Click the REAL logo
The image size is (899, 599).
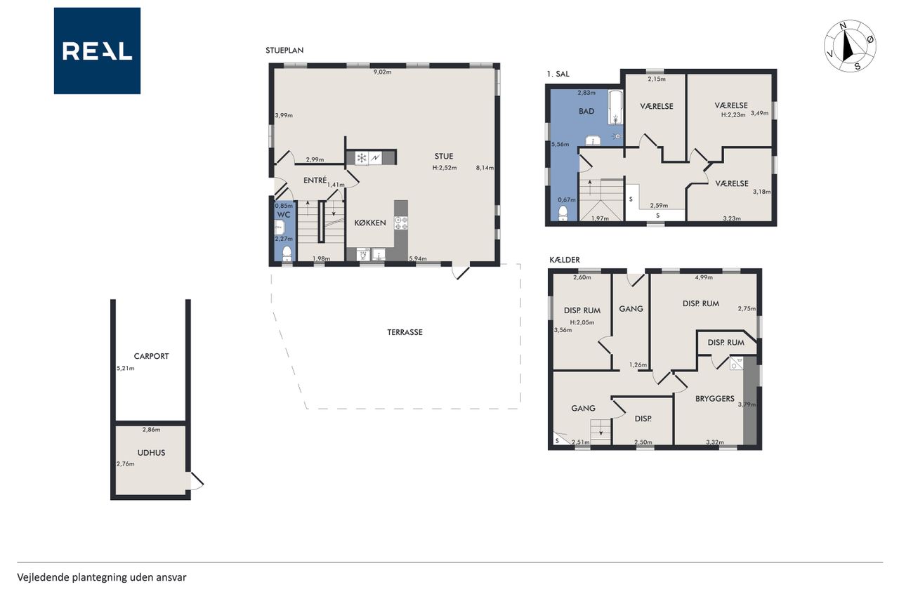(x=97, y=51)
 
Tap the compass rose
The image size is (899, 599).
(x=850, y=46)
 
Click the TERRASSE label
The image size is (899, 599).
(x=405, y=332)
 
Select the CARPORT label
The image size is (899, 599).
(x=151, y=356)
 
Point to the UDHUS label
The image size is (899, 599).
(x=151, y=452)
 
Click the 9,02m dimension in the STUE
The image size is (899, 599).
(x=382, y=72)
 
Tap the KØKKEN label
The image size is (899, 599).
(x=370, y=223)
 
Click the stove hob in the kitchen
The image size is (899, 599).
(x=401, y=223)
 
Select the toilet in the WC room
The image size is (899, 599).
(x=287, y=254)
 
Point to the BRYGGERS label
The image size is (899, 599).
(x=715, y=399)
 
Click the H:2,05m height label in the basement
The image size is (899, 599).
(x=582, y=322)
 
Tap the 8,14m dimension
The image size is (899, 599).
(x=485, y=168)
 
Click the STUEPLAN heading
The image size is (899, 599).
(x=284, y=51)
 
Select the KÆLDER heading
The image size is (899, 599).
(x=565, y=260)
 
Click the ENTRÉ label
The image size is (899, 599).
(x=315, y=180)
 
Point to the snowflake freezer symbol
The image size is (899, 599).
(x=362, y=158)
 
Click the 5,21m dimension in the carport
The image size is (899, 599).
(x=125, y=368)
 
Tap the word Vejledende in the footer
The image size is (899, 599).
(x=43, y=578)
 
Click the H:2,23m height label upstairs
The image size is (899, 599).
(x=733, y=114)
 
